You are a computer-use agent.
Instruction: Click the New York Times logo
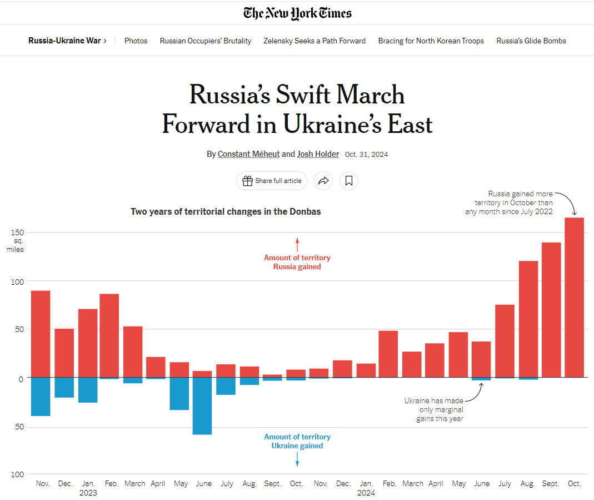[x=297, y=13]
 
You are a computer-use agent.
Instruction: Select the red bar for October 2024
[x=574, y=298]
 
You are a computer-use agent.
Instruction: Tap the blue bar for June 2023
[x=202, y=406]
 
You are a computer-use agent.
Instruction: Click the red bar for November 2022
[x=41, y=334]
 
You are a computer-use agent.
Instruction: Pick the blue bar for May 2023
[x=179, y=394]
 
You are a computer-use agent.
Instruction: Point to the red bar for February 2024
[x=388, y=354]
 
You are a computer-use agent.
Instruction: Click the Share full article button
[x=272, y=181]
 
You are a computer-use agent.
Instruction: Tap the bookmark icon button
[x=349, y=181]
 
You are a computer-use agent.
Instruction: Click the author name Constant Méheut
[x=248, y=154]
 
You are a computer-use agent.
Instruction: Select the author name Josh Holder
[x=318, y=154]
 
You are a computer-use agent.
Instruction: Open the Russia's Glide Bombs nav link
[x=531, y=41]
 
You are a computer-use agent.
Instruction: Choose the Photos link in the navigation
[x=136, y=41]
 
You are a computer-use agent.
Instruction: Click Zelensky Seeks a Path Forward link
[x=315, y=41]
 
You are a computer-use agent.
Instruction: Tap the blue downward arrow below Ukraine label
[x=297, y=459]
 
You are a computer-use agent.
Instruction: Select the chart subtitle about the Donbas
[x=226, y=211]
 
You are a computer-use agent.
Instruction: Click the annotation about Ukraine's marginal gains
[x=433, y=409]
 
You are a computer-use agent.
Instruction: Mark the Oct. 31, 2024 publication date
[x=366, y=155]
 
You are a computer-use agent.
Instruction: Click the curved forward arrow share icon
[x=323, y=181]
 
